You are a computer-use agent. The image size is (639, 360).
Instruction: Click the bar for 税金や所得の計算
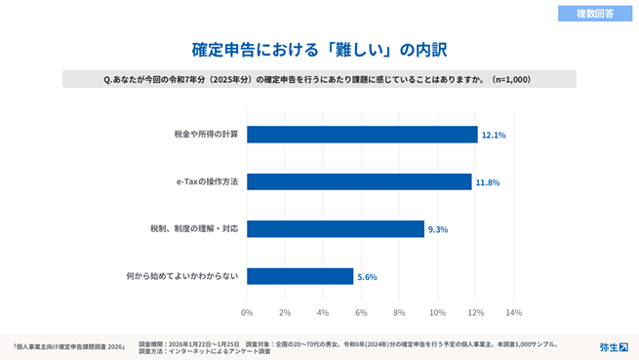(x=362, y=135)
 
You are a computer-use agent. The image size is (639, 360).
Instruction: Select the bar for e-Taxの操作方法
(x=359, y=182)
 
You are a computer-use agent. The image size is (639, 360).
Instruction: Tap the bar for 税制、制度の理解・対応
(x=336, y=229)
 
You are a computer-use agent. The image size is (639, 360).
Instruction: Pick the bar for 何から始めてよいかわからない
(x=300, y=276)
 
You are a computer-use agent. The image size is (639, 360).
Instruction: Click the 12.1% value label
(x=494, y=136)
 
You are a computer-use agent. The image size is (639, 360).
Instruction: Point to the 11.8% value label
(x=488, y=182)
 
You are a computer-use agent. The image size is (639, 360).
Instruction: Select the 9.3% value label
(x=438, y=229)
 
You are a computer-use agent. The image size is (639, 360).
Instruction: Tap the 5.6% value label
(x=367, y=277)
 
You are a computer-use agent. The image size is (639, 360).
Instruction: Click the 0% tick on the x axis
(x=247, y=312)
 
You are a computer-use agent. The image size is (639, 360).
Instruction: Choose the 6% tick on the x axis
(x=361, y=312)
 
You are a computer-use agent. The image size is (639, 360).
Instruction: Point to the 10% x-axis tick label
(x=437, y=312)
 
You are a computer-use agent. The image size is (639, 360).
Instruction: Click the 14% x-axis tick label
(x=513, y=312)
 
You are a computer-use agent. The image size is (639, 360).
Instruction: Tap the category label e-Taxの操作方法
(x=207, y=182)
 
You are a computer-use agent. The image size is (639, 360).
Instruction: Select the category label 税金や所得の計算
(x=206, y=135)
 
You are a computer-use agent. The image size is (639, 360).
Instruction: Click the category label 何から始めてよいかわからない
(x=182, y=276)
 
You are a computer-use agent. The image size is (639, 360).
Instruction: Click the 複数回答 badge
(x=593, y=14)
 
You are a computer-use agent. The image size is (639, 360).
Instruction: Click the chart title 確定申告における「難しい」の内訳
(x=319, y=48)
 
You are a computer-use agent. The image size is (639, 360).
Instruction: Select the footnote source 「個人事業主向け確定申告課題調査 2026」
(x=69, y=346)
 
